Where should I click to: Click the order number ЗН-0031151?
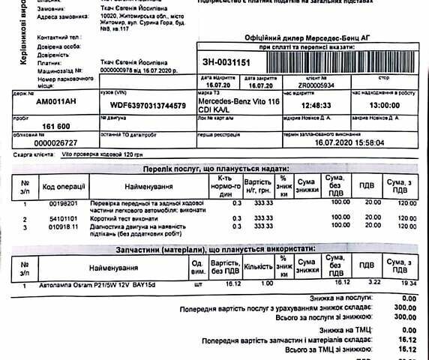point(228,62)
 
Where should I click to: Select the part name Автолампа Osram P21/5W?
point(91,286)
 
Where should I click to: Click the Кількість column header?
point(258,266)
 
